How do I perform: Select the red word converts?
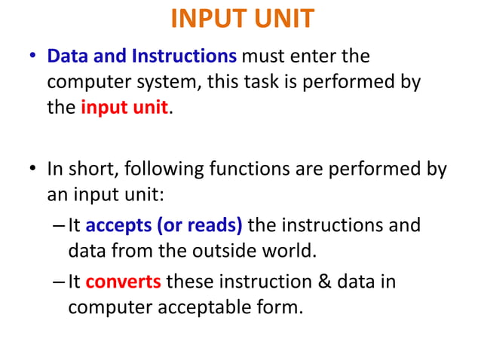tap(123, 282)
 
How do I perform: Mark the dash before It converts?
tap(60, 282)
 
